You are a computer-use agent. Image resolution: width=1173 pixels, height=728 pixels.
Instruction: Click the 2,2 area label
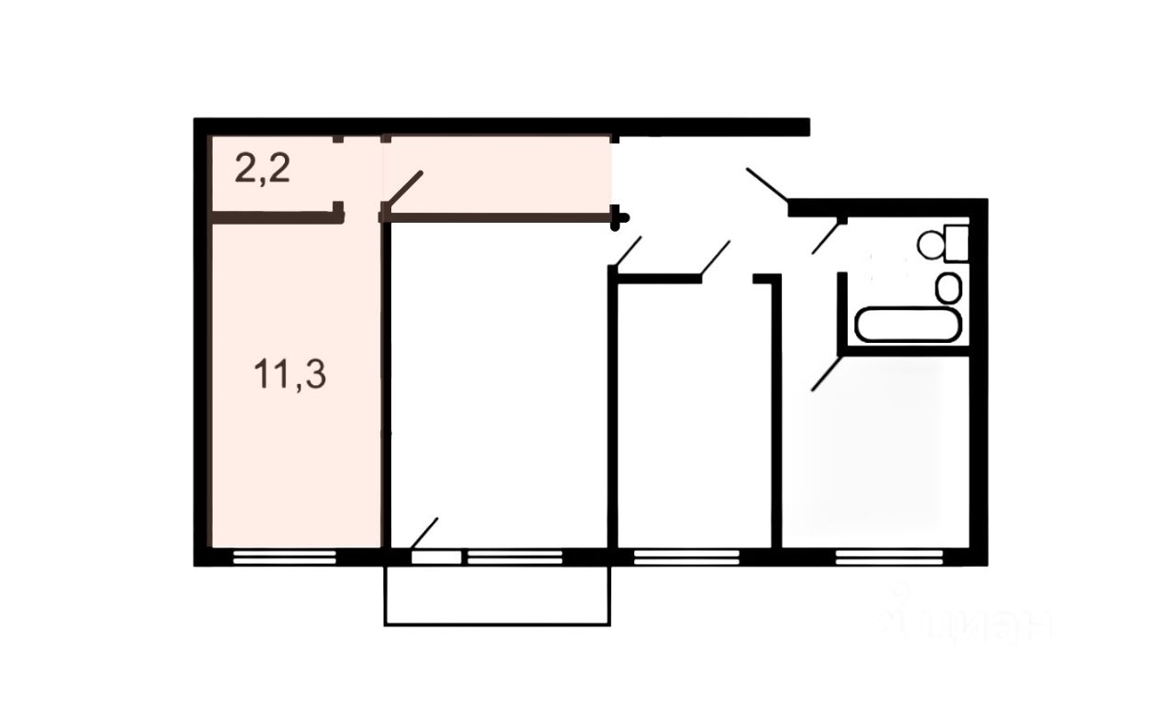(x=263, y=171)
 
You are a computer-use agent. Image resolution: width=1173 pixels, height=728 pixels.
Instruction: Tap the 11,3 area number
(x=291, y=376)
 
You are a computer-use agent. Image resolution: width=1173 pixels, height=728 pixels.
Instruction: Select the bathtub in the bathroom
(x=908, y=325)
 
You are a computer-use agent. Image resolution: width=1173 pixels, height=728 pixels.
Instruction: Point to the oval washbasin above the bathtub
(x=948, y=288)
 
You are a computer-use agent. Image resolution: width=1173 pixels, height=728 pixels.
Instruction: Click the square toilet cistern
(x=958, y=242)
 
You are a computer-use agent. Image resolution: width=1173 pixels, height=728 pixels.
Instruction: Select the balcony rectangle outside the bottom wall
(x=497, y=596)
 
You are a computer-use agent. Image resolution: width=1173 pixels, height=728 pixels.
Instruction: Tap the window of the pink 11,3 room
(x=284, y=555)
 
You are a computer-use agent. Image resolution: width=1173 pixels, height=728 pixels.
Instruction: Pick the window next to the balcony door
(x=514, y=555)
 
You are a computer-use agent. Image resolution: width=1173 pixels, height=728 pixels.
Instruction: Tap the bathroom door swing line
(x=827, y=236)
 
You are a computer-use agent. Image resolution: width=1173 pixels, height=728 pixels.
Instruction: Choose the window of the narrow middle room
(x=686, y=555)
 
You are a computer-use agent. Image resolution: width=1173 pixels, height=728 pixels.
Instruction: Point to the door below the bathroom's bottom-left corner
(x=826, y=375)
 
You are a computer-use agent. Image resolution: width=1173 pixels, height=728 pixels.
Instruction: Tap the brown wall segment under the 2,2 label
(x=275, y=217)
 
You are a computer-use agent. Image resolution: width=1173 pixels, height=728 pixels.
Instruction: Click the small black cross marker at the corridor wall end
(x=622, y=218)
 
